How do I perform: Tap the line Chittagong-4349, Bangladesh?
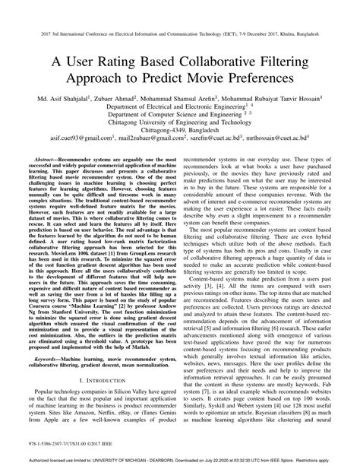coord(179,128)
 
